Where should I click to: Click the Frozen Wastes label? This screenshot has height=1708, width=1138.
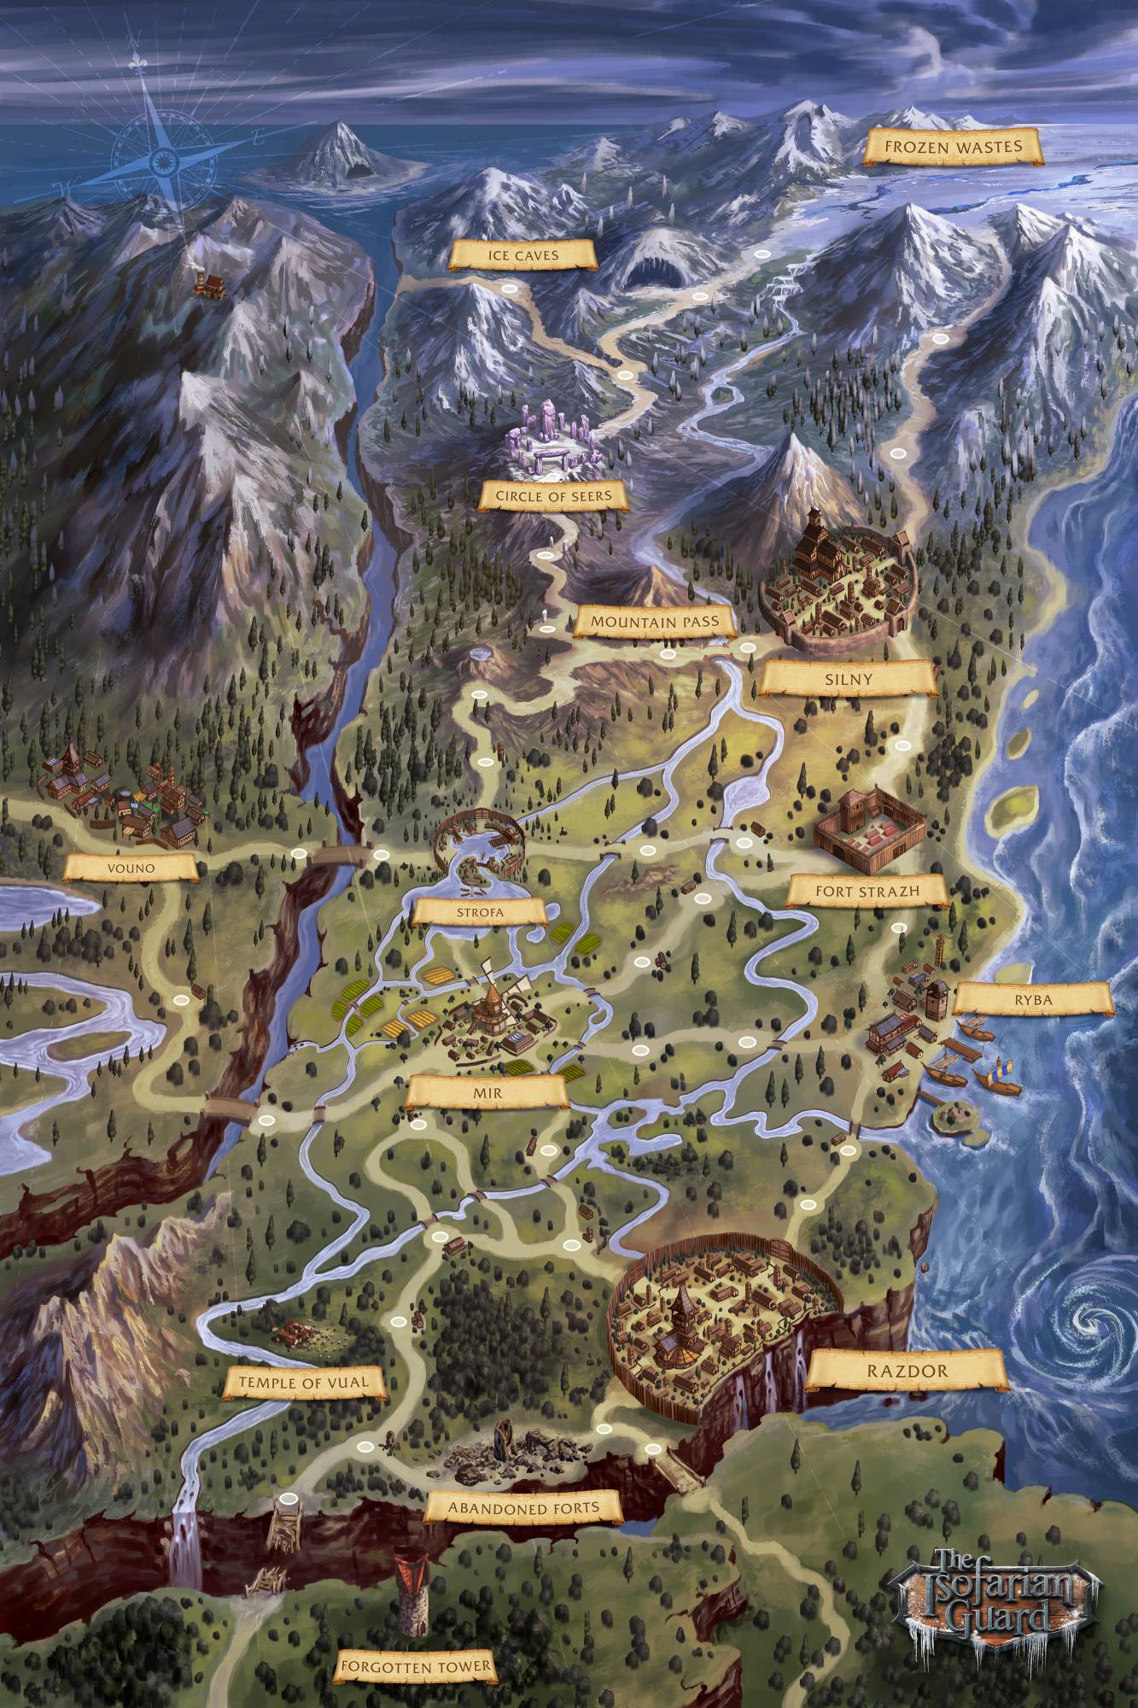click(x=953, y=147)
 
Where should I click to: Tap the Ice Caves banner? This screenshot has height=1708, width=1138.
click(x=523, y=254)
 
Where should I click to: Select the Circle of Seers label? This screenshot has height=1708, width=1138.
click(x=546, y=495)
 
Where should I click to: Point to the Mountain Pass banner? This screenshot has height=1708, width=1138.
click(x=655, y=623)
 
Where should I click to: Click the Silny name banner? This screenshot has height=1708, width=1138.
click(x=849, y=680)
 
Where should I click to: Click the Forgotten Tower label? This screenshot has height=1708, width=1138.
click(x=415, y=1665)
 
